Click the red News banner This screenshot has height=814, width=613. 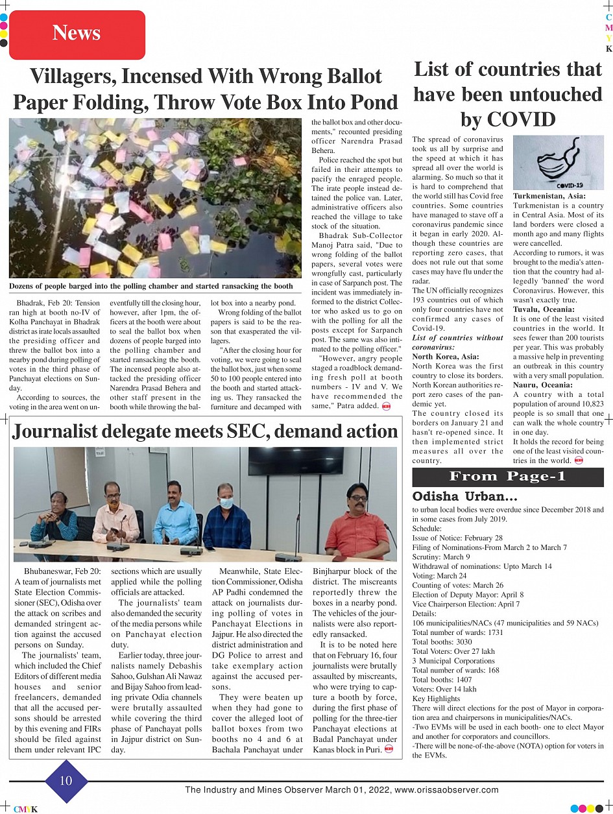[x=77, y=34]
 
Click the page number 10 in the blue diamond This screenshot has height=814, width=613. [x=66, y=780]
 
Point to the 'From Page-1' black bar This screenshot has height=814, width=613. [x=508, y=477]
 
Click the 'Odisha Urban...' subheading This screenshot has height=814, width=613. [x=464, y=496]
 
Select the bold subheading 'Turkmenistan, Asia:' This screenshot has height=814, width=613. [x=549, y=196]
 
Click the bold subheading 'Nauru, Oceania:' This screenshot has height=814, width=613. [x=542, y=385]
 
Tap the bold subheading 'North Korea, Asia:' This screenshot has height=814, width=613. [x=446, y=356]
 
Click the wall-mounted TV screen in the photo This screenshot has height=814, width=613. [x=287, y=461]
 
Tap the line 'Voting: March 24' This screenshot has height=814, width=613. [x=439, y=575]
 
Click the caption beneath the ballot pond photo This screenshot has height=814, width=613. [x=150, y=286]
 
